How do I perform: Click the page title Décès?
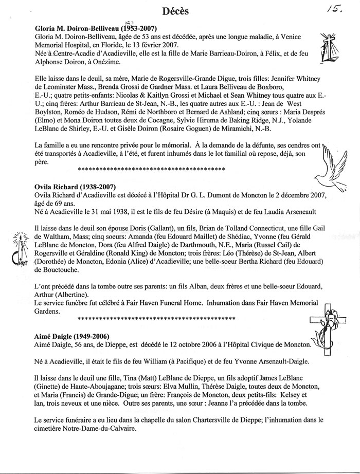coord(175,11)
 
